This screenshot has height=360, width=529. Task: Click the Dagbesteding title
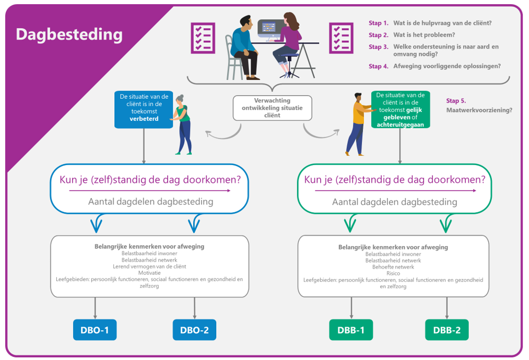point(69,34)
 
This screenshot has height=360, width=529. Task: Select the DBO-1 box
point(95,330)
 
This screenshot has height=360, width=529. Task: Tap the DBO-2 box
point(194,330)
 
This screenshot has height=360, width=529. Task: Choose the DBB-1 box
point(351,330)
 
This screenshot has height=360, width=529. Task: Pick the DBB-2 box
point(446,330)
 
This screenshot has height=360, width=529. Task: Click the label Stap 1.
point(379,23)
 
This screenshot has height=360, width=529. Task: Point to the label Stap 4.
point(379,66)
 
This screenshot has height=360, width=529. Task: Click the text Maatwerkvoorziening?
point(479,110)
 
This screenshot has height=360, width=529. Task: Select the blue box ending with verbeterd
point(144,110)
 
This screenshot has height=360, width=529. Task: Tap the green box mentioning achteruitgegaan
point(400,110)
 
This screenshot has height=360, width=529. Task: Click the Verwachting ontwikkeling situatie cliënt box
point(272,108)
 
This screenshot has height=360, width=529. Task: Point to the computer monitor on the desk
point(269,30)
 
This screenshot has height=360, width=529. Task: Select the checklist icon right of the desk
point(340,38)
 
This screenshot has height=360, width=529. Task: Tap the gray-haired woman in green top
point(183,123)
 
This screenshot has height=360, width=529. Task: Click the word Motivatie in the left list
point(149,273)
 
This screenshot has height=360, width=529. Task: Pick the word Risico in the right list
point(393,273)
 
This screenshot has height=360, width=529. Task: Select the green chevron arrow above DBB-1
point(351,224)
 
